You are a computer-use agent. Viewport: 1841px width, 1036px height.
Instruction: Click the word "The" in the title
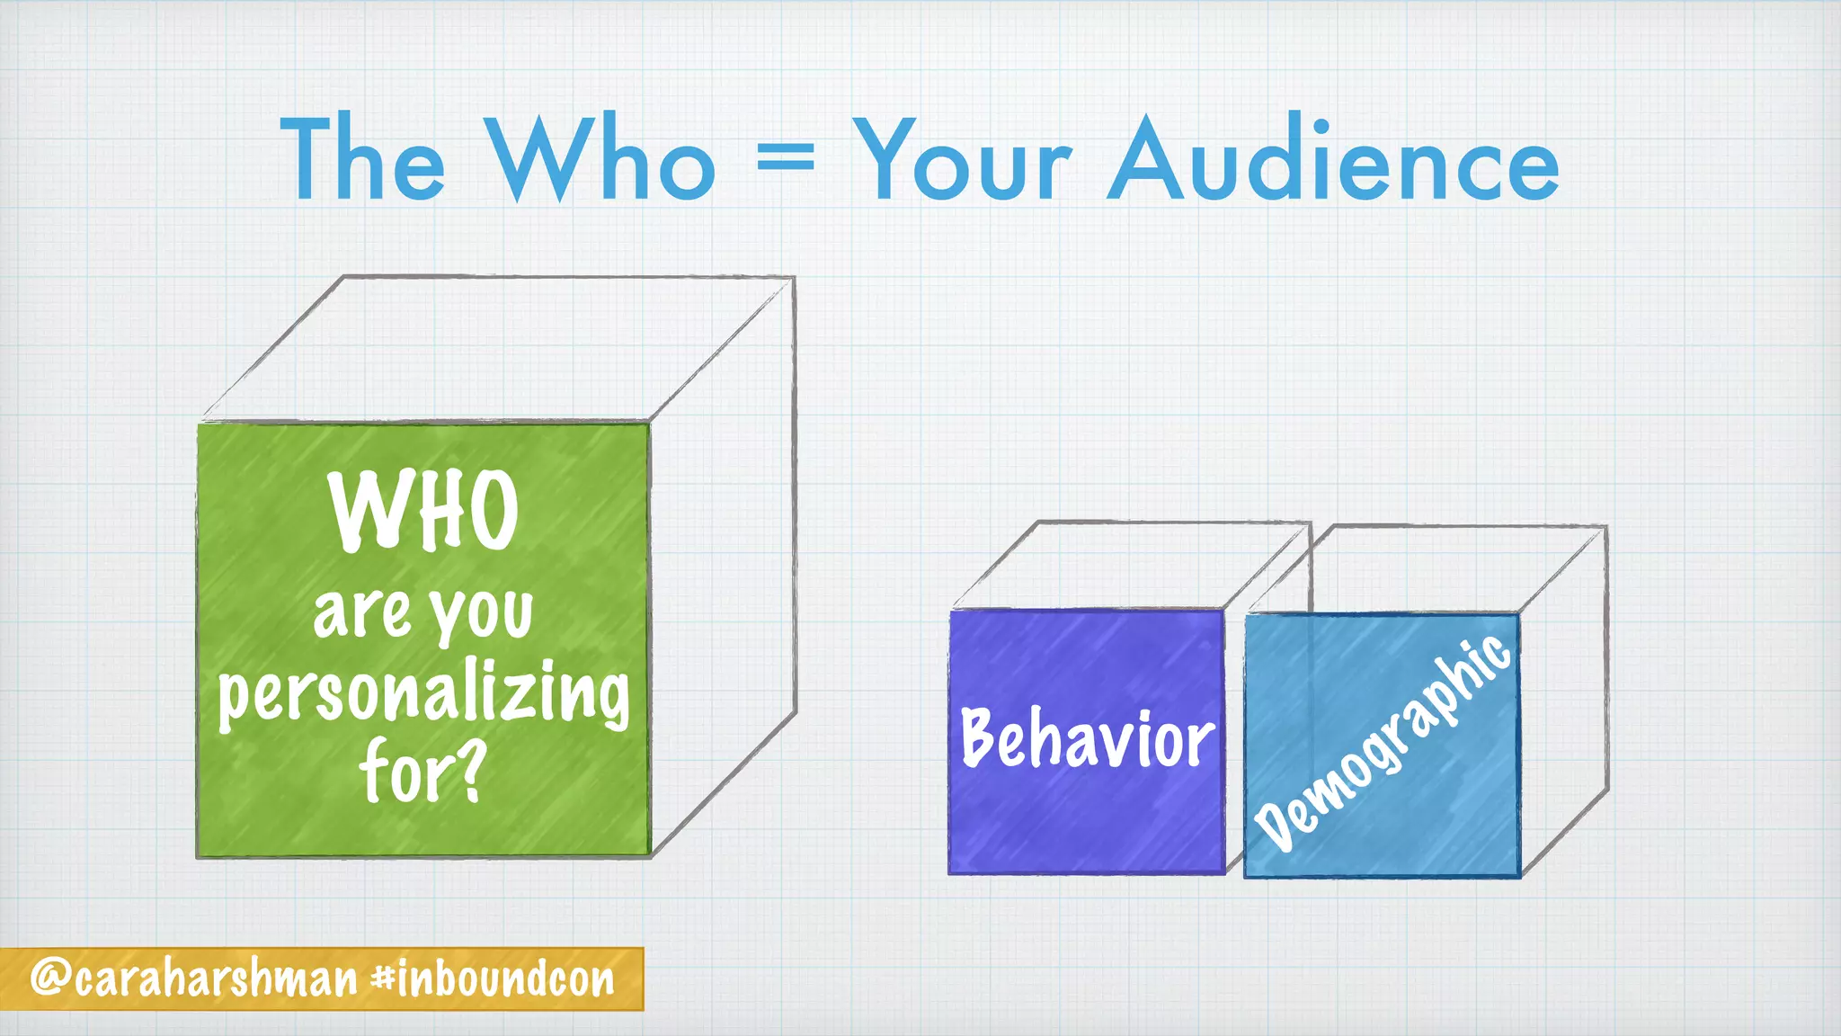pos(363,159)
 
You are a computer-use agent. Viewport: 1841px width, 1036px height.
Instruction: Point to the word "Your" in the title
pos(962,159)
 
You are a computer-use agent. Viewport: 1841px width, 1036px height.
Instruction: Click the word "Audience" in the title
pos(1333,159)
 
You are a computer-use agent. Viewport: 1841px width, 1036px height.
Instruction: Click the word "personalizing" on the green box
pos(423,696)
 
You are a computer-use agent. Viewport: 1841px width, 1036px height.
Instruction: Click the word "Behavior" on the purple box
pos(1088,739)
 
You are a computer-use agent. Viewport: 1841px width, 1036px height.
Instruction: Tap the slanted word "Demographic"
pos(1383,743)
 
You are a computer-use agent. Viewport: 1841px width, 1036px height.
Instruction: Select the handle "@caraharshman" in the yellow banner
pos(194,979)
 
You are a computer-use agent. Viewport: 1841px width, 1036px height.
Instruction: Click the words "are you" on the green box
pos(423,614)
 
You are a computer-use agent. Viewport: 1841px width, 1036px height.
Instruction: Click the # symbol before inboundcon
pos(382,978)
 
